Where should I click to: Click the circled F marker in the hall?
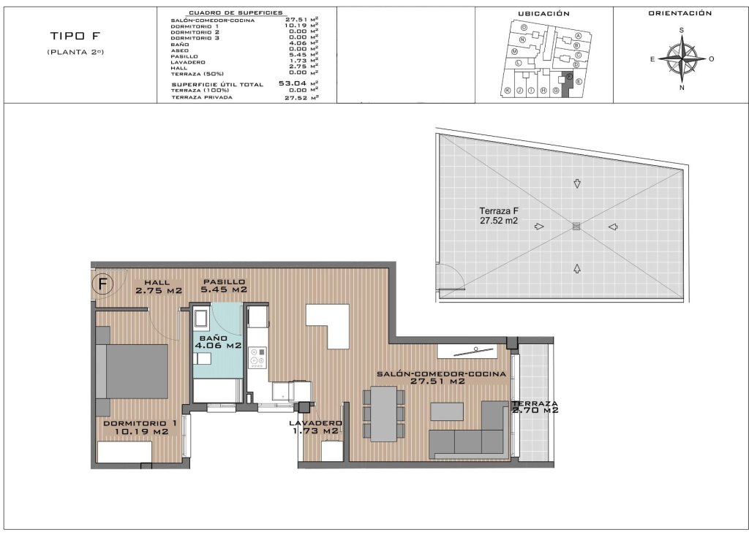tap(104, 284)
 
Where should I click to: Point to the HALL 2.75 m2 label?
tap(158, 287)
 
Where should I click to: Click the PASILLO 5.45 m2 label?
tap(225, 286)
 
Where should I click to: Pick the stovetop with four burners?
tap(258, 357)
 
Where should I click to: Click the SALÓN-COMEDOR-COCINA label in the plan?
tap(441, 377)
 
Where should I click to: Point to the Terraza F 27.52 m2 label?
tap(500, 216)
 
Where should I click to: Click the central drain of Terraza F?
tap(576, 227)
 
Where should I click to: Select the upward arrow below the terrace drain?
tap(577, 268)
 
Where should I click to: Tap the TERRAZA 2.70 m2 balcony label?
tap(536, 406)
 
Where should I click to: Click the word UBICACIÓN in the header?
tap(543, 13)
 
